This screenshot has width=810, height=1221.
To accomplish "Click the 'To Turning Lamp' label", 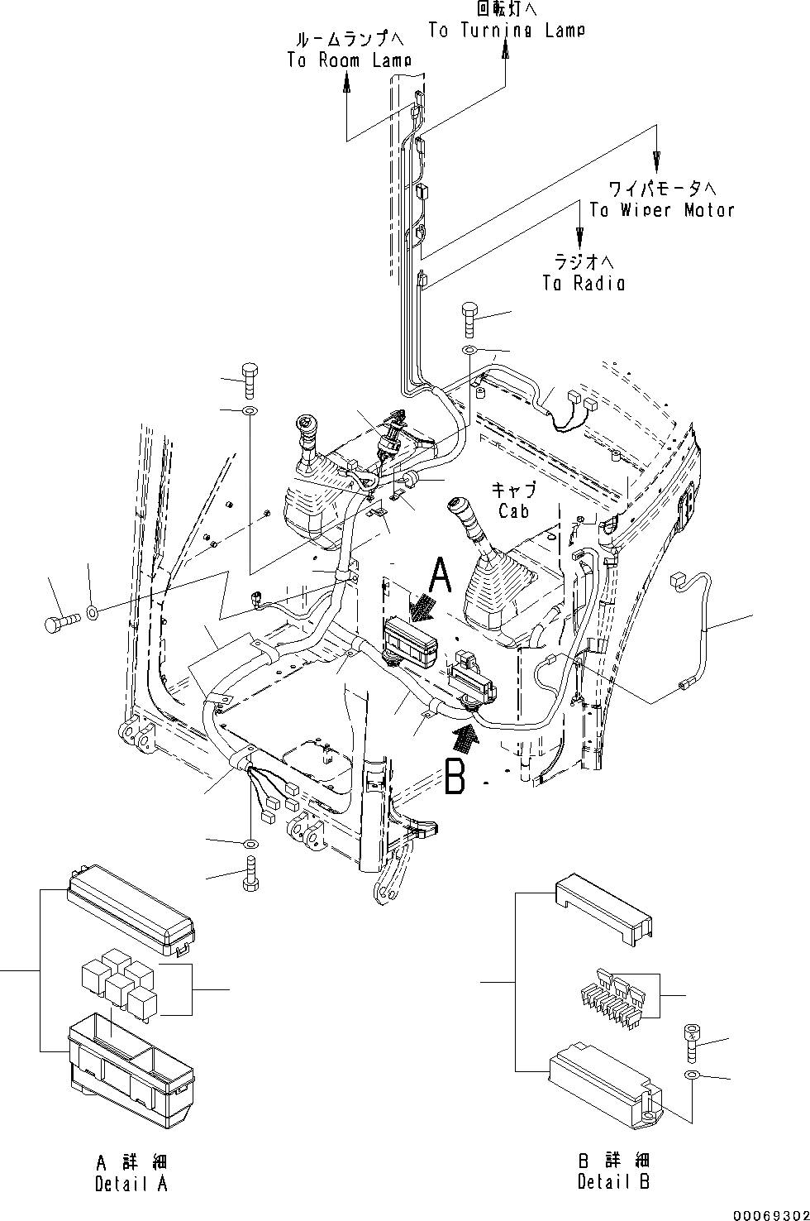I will coord(507,30).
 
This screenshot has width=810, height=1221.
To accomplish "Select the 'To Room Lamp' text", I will coord(349,60).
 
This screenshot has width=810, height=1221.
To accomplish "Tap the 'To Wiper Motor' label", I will coord(661,209).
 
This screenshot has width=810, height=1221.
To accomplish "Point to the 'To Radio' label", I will coord(584,283).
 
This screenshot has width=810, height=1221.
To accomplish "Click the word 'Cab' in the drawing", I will coord(513,511).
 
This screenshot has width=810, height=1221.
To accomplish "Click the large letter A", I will coord(442,576).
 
